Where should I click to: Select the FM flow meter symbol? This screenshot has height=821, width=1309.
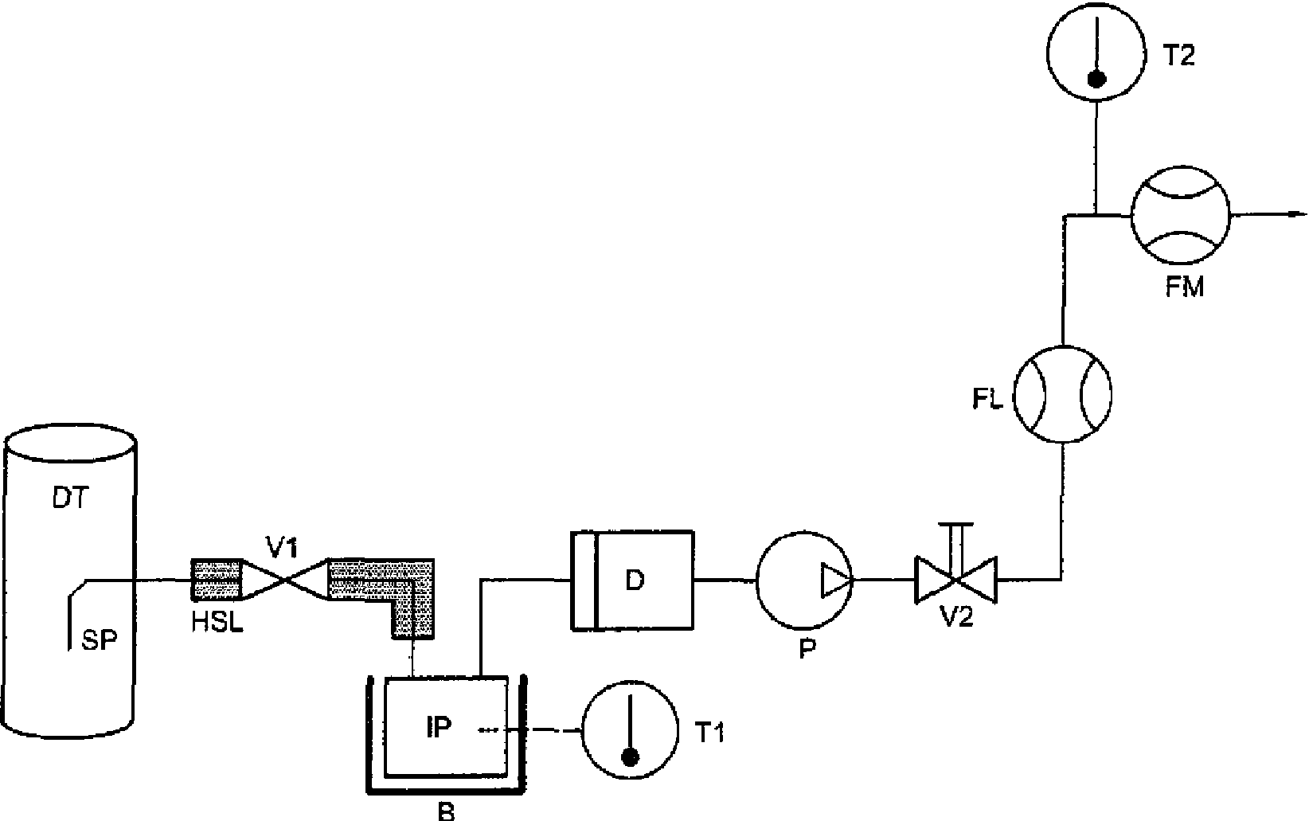pyautogui.click(x=1181, y=215)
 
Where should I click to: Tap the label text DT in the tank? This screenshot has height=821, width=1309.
pyautogui.click(x=70, y=498)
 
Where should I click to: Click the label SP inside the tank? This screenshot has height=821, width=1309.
pyautogui.click(x=99, y=641)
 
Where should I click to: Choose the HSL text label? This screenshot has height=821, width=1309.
pyautogui.click(x=217, y=623)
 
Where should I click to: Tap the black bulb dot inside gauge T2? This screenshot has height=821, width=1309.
pyautogui.click(x=1096, y=80)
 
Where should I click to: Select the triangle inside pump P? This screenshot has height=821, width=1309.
pyautogui.click(x=837, y=581)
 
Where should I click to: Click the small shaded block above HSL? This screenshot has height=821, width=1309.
pyautogui.click(x=217, y=579)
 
